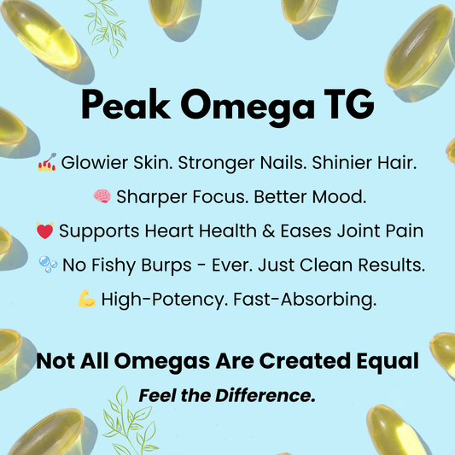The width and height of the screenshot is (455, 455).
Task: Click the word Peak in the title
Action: point(125,104)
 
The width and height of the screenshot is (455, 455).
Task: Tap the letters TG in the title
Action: point(349,104)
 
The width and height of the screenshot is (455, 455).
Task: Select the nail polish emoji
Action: point(47,162)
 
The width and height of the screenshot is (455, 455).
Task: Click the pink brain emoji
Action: point(102,196)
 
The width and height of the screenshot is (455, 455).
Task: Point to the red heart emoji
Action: point(45,230)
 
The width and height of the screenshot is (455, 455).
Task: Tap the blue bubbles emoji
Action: point(48,265)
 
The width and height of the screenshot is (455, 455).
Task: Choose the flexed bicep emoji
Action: point(87,299)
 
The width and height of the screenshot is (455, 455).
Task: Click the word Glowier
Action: point(94,162)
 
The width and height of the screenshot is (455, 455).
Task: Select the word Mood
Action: point(339,196)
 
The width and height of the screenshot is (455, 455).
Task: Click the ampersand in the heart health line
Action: point(268,231)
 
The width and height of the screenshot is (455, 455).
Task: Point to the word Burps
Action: point(166,265)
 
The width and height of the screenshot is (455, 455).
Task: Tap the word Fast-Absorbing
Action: point(305,299)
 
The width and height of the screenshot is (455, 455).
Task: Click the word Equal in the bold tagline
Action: point(388,362)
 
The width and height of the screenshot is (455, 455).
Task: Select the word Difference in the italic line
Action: point(265,395)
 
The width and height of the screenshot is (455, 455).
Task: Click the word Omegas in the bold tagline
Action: point(162,362)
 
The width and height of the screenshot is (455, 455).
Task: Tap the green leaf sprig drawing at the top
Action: point(107,28)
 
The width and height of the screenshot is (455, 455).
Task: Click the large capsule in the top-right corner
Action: point(419,47)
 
